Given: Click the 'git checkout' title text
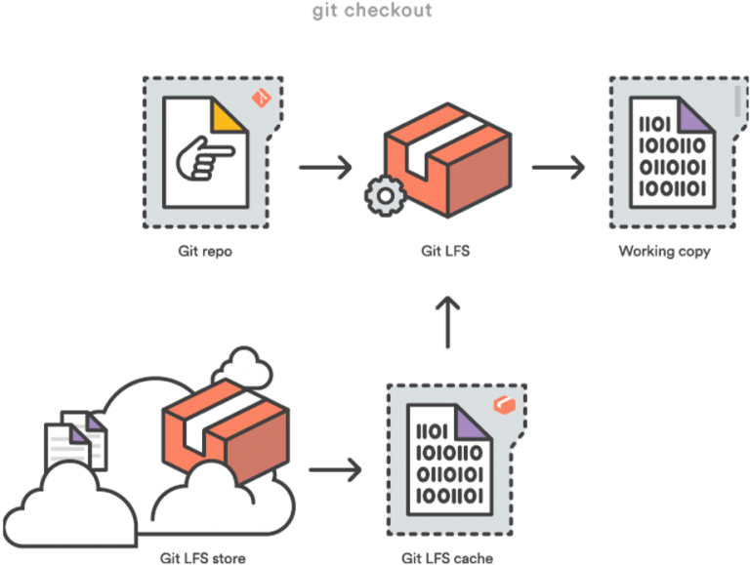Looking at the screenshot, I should (372, 12).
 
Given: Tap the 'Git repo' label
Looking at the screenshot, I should (205, 251).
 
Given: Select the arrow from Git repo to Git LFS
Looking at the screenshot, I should (324, 167).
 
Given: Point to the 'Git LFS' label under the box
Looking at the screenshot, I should (446, 251).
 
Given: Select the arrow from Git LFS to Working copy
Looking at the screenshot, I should (558, 167).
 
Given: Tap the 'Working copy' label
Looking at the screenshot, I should (665, 251).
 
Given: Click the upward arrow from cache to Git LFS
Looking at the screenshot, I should (447, 323).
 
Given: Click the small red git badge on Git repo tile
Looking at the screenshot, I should (260, 98).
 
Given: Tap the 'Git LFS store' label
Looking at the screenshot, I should (203, 558).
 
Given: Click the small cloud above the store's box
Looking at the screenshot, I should (246, 365).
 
